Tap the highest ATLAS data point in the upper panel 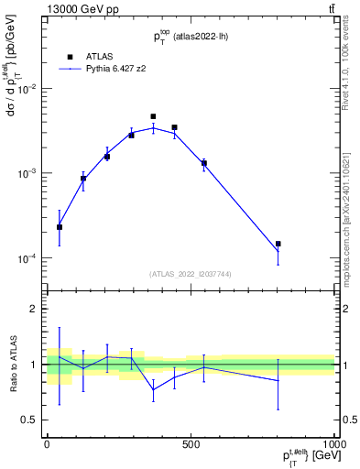tap(153, 117)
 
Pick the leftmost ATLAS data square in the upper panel tap(60, 227)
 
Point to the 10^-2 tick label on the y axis tap(25, 89)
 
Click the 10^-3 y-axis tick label tap(25, 173)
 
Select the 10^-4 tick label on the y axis tap(25, 258)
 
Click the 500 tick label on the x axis tap(191, 442)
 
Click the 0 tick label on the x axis tap(47, 442)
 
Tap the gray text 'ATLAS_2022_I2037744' tap(191, 274)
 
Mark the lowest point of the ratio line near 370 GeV tap(153, 389)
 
